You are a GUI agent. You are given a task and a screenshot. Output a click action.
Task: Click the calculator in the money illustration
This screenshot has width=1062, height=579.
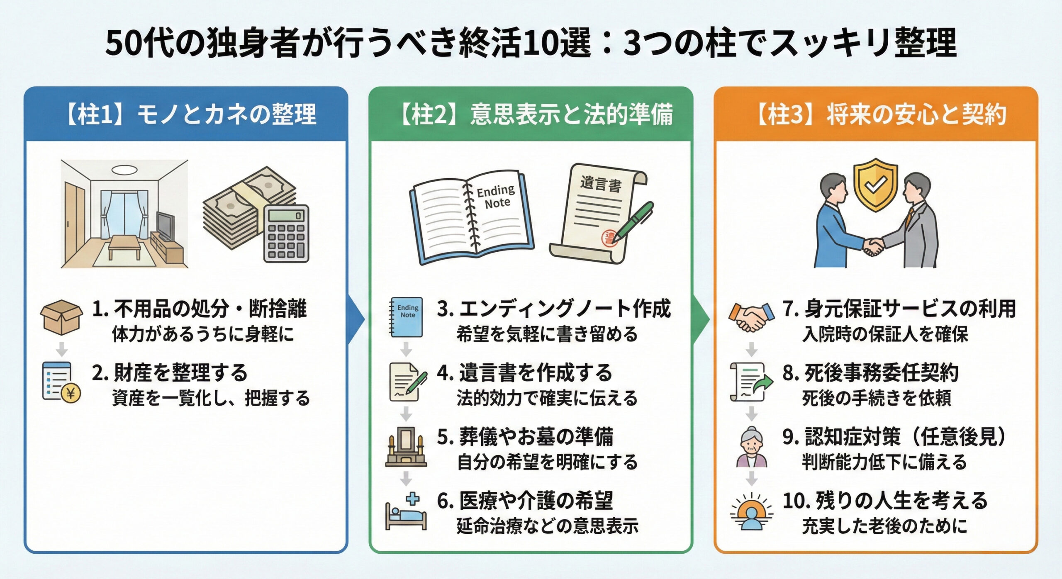click(286, 234)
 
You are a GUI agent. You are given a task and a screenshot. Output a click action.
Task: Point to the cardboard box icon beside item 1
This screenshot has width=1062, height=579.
click(61, 317)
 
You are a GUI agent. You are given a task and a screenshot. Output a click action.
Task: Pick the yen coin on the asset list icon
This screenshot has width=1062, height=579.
click(71, 392)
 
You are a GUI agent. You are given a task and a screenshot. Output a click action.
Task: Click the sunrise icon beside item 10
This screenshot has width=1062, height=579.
click(751, 512)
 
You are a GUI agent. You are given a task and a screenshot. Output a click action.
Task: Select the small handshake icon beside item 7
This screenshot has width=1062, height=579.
click(751, 318)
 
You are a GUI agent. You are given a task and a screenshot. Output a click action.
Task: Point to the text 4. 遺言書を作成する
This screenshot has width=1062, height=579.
click(524, 372)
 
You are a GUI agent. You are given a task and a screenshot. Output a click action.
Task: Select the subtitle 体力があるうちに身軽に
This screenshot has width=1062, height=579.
click(203, 334)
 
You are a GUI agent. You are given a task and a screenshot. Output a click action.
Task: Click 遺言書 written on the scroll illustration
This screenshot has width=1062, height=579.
click(600, 184)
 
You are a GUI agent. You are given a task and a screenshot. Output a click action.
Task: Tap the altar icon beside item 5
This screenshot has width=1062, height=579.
click(406, 447)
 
